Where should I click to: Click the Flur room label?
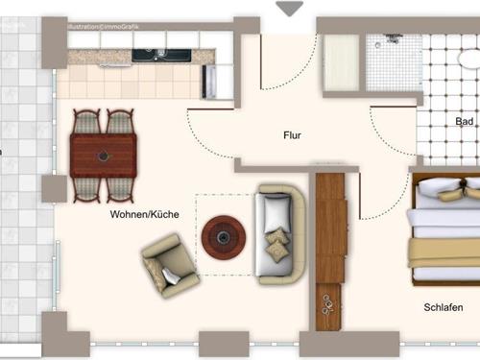tap(293, 135)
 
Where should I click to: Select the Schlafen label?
tap(444, 308)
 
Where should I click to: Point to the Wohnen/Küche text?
tap(145, 215)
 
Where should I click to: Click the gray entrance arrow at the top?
tap(289, 9)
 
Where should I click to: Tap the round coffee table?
tap(224, 235)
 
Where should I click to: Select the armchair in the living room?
tap(171, 264)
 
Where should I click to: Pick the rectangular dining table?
tap(103, 156)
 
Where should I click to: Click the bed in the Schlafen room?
tap(444, 231)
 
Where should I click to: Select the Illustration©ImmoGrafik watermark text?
tap(103, 28)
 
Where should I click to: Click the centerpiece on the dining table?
tap(104, 156)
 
